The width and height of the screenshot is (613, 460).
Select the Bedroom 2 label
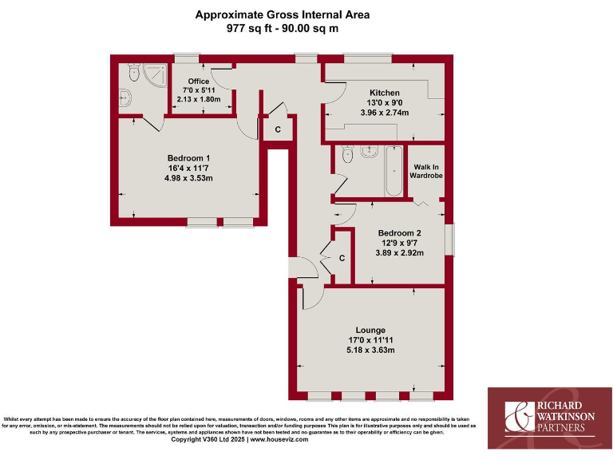(399, 233)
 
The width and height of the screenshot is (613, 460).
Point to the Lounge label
(370, 330)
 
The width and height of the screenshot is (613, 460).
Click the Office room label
(198, 81)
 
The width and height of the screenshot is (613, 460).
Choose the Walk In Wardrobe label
(427, 171)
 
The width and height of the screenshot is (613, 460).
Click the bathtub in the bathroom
(394, 171)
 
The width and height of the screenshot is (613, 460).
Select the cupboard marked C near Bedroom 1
(278, 129)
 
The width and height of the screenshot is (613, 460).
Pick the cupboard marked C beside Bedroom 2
(342, 258)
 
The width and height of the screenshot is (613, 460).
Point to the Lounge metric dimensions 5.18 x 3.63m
(370, 350)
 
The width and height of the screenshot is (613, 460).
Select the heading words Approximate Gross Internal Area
(283, 14)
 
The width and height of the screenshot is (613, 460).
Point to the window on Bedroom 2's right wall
(449, 241)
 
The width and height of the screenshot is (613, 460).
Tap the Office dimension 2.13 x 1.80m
(198, 100)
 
